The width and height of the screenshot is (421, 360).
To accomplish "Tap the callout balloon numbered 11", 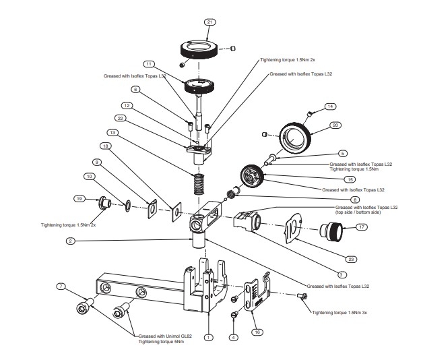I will coord(148,64).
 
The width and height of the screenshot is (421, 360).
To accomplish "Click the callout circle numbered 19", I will coord(79,199).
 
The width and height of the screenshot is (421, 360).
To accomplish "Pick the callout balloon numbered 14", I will coord(330,107).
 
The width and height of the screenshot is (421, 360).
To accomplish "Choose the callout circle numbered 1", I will coord(209,337).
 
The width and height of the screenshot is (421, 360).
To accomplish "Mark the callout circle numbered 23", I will coord(332,257).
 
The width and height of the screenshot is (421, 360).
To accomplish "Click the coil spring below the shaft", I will coord(198,182).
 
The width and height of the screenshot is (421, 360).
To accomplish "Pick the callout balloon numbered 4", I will coord(234,336).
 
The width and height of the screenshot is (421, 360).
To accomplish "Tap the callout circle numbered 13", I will coord(112,132).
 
